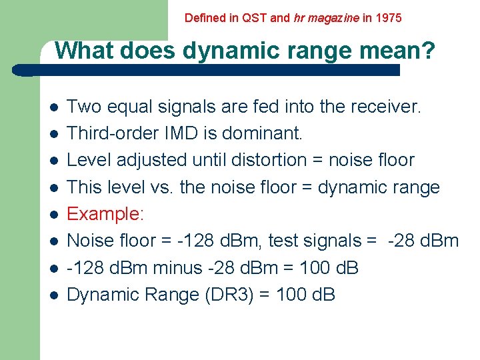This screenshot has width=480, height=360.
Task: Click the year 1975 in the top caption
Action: coord(389,18)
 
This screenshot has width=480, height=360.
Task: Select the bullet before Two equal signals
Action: coord(53,107)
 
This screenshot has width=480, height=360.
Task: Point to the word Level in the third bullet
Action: coord(89,160)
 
